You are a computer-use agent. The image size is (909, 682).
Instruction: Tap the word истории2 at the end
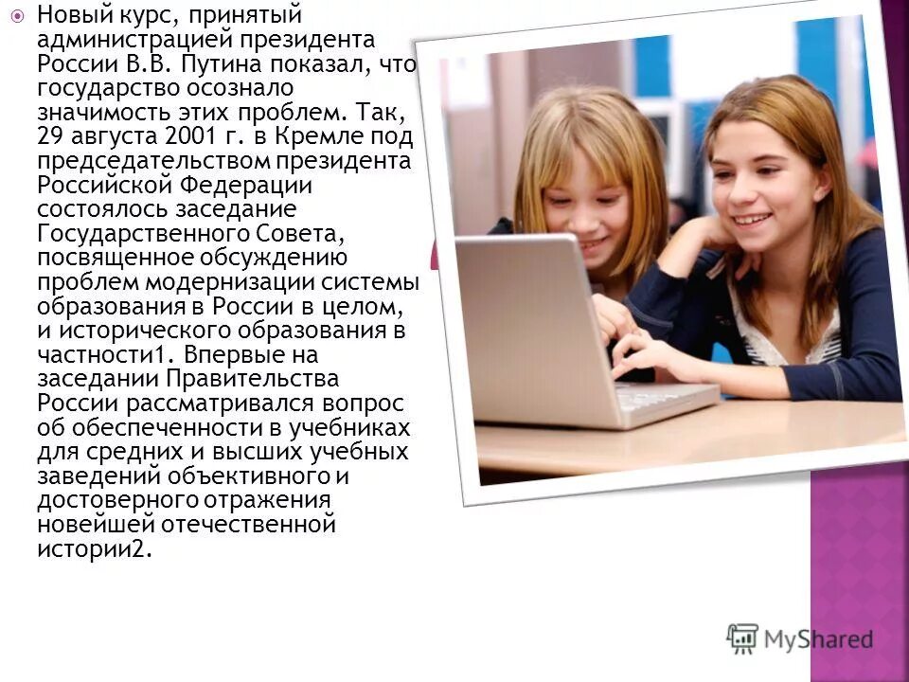pyautogui.click(x=94, y=549)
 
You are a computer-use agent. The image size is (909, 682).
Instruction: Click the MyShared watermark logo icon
pyautogui.click(x=742, y=637)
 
